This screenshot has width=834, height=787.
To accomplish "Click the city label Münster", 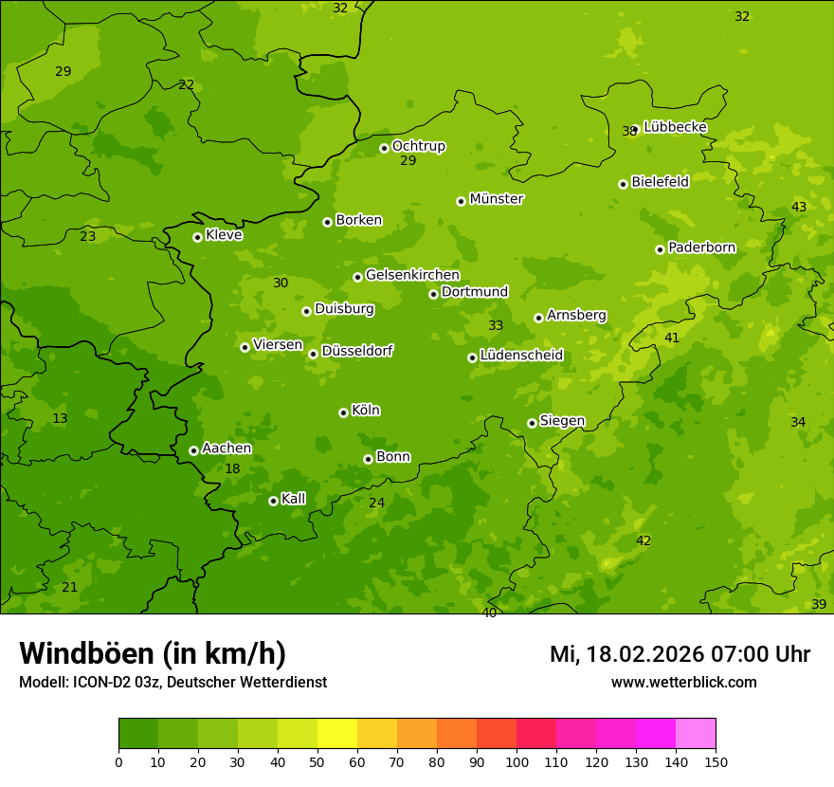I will coord(496,199).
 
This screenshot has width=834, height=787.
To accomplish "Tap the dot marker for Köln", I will coord(343,412).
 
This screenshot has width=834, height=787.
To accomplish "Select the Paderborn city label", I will coord(701,247).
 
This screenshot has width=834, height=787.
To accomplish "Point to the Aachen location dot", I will coord(193,450).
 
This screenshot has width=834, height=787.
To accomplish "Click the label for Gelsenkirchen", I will coord(412,275).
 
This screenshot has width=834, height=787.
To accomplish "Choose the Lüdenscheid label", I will coord(521,356).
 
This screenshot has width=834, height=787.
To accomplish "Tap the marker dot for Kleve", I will coord(197,237).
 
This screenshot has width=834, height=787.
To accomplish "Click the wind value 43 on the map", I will coord(799,208).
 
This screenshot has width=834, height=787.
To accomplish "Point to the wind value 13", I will coord(60,419).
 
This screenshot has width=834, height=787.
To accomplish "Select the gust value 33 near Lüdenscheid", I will coord(496,326).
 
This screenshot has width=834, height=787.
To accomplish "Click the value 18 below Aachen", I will coord(232,469).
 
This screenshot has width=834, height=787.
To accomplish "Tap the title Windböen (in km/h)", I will coord(153,653).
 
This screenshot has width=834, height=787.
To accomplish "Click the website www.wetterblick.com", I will coord(683,683).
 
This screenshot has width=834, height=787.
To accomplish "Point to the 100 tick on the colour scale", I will coord(517,761).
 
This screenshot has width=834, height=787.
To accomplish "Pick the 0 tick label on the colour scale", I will coord(118,761).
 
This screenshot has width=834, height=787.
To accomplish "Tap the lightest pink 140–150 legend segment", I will coord(696,734).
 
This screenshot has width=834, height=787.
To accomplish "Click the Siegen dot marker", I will coord(532,423).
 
